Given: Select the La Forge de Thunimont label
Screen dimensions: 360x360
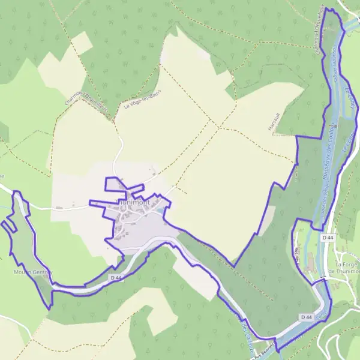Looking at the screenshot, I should pos(347,268).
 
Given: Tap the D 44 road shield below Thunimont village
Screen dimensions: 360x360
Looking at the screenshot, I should pos(116,278).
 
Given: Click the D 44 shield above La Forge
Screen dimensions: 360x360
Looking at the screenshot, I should pos(328,238).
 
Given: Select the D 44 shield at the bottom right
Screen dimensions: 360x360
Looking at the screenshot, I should pos(306,317).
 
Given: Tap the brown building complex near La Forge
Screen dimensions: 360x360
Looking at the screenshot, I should pos(310,262).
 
